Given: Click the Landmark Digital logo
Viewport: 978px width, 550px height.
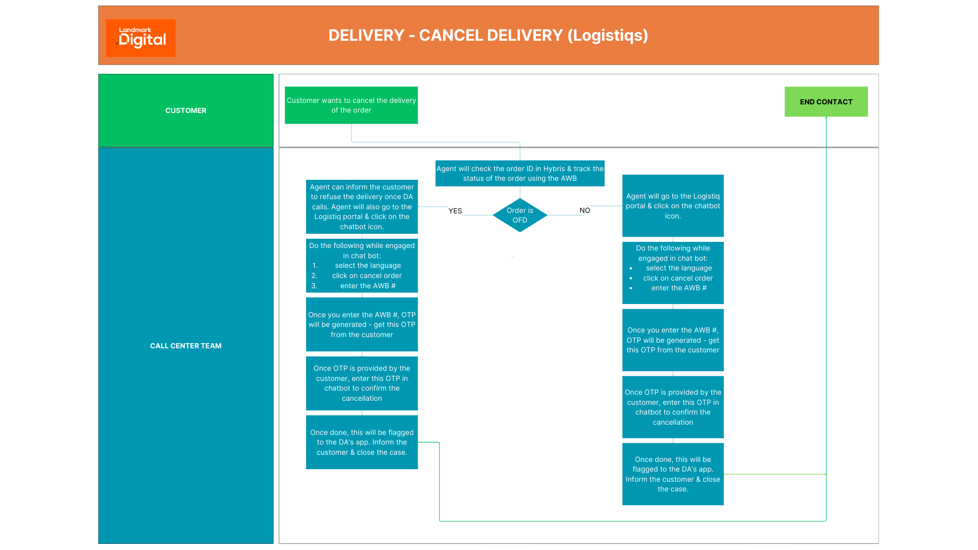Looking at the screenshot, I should [141, 38].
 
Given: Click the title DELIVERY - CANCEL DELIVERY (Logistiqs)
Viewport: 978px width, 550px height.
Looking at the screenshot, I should [488, 35].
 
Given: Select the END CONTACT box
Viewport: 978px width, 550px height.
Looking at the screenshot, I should [826, 102].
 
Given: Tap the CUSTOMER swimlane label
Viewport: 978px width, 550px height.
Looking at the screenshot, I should [185, 111].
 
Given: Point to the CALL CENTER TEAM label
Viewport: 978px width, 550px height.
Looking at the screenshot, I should [185, 346].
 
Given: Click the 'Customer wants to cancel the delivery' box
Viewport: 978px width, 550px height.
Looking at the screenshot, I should [351, 105].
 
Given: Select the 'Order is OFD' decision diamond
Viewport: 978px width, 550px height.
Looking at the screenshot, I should [520, 215].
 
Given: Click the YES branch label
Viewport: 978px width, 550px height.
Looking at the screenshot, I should [455, 211].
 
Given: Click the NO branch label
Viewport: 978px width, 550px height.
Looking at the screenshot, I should [584, 210].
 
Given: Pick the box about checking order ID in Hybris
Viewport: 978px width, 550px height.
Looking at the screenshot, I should [520, 174].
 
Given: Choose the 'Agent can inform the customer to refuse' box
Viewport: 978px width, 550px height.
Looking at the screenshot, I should [362, 207].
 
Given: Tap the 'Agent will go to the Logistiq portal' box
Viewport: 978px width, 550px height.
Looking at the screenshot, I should [672, 206].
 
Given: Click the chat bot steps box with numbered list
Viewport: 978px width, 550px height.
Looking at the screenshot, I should [362, 265].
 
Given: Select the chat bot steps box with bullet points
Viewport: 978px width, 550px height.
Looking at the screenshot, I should [672, 273].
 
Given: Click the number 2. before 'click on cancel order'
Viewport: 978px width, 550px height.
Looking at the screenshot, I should [314, 276].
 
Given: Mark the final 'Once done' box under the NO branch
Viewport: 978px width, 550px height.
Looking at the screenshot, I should [672, 474].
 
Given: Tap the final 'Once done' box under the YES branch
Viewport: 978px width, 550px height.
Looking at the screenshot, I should [362, 442].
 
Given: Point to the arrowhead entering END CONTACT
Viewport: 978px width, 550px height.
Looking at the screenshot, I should [826, 118].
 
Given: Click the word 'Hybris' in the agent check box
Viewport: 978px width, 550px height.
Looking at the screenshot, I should [554, 169].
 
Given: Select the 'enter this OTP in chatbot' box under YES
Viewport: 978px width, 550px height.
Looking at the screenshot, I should [362, 383].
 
